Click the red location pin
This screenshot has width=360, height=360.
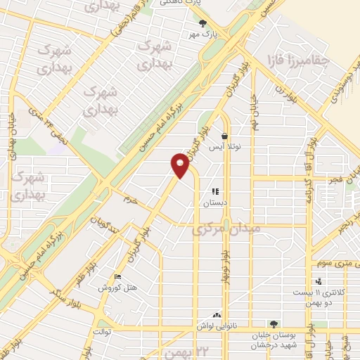tap(180, 166)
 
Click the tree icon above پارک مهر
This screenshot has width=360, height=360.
tap(203, 23)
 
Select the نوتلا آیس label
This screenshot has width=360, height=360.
tap(224, 147)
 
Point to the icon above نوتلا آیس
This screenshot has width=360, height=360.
tap(224, 136)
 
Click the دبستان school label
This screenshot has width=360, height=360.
tap(216, 202)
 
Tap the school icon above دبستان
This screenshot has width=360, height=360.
tap(216, 191)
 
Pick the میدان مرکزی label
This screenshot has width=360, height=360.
tap(226, 229)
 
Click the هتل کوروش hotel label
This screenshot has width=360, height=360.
tap(119, 288)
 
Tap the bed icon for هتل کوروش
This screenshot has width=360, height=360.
tap(117, 278)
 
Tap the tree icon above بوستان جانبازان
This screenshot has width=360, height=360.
tap(274, 324)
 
